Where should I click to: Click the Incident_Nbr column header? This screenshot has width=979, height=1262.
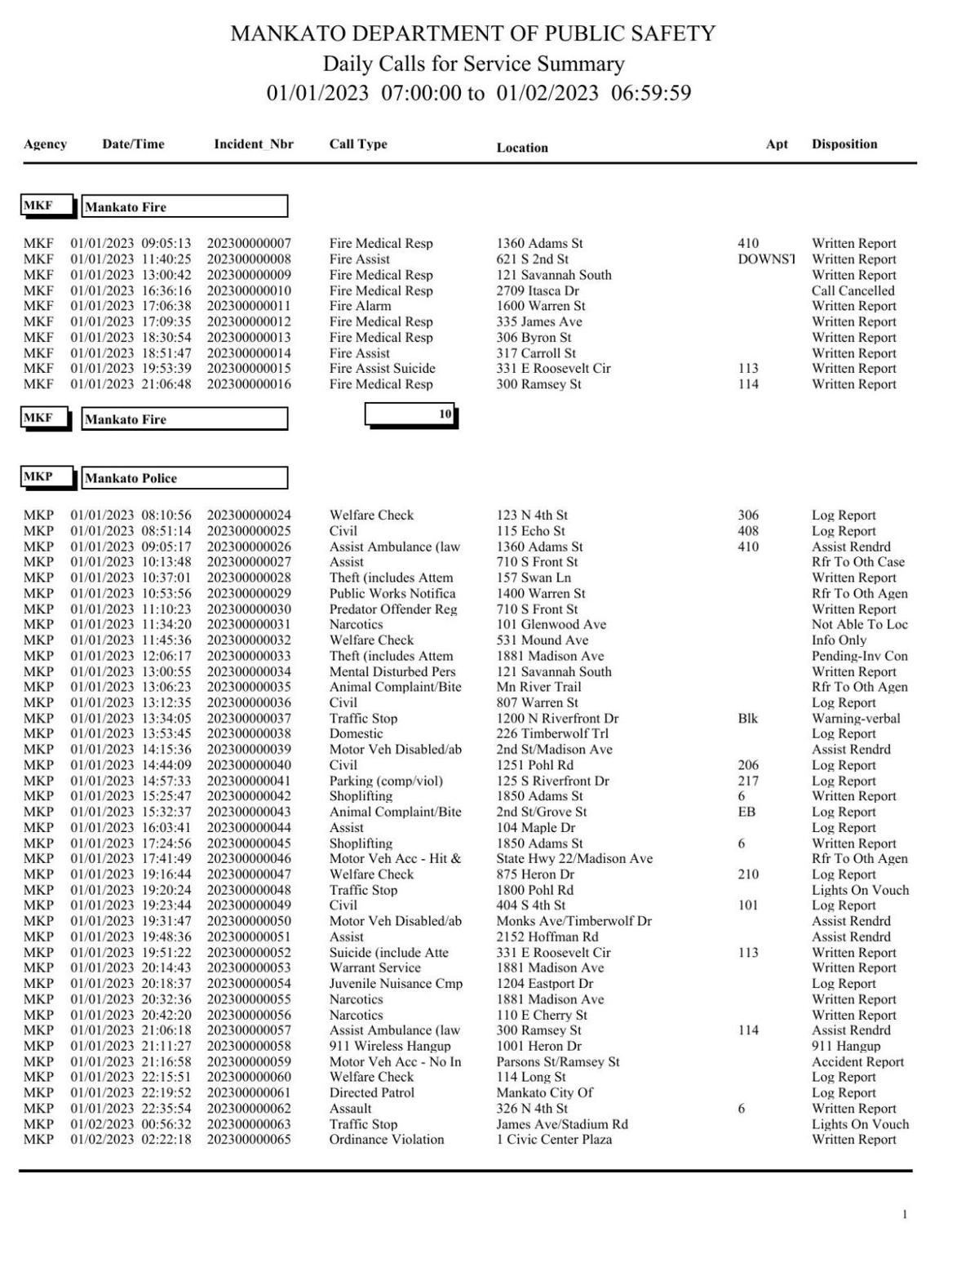tap(253, 144)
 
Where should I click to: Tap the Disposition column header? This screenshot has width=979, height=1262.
tap(844, 144)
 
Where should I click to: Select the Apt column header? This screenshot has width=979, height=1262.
tap(777, 144)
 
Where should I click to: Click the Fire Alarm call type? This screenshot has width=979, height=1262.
tap(360, 306)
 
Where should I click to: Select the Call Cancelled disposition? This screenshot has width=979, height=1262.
tap(853, 290)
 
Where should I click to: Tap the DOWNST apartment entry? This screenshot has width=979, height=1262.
tap(765, 259)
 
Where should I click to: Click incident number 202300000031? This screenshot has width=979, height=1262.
tap(248, 624)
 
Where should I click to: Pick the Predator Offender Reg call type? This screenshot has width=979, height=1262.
tap(392, 609)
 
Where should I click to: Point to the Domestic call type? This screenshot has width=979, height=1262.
tap(356, 733)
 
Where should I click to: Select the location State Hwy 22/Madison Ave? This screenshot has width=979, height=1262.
tap(574, 858)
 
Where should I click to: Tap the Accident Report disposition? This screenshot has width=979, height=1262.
tap(857, 1061)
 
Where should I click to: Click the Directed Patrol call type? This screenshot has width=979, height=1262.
tap(371, 1092)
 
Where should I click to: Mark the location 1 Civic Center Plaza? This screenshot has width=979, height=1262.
tap(554, 1140)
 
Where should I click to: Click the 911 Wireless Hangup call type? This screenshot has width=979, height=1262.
tap(389, 1046)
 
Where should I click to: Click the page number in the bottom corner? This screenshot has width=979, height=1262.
tap(904, 1216)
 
